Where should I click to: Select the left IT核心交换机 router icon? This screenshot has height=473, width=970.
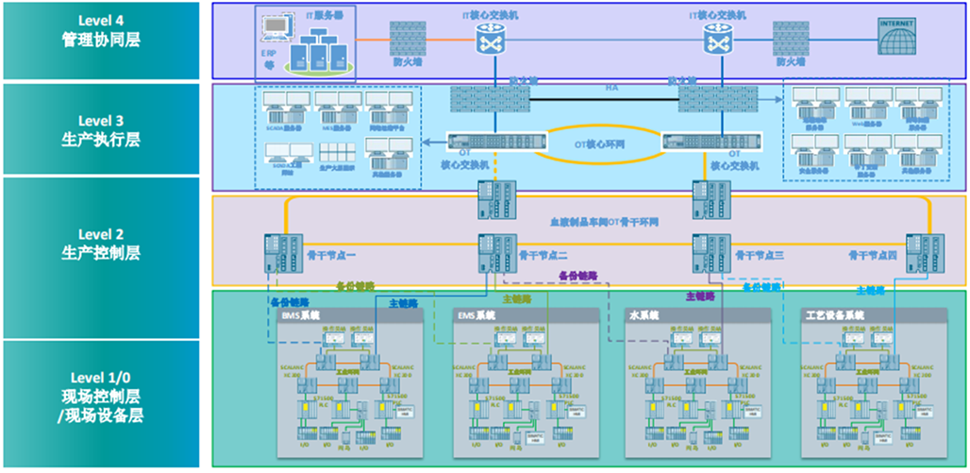(492, 38)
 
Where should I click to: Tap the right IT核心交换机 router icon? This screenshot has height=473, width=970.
(719, 38)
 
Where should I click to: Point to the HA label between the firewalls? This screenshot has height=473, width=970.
(611, 88)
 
